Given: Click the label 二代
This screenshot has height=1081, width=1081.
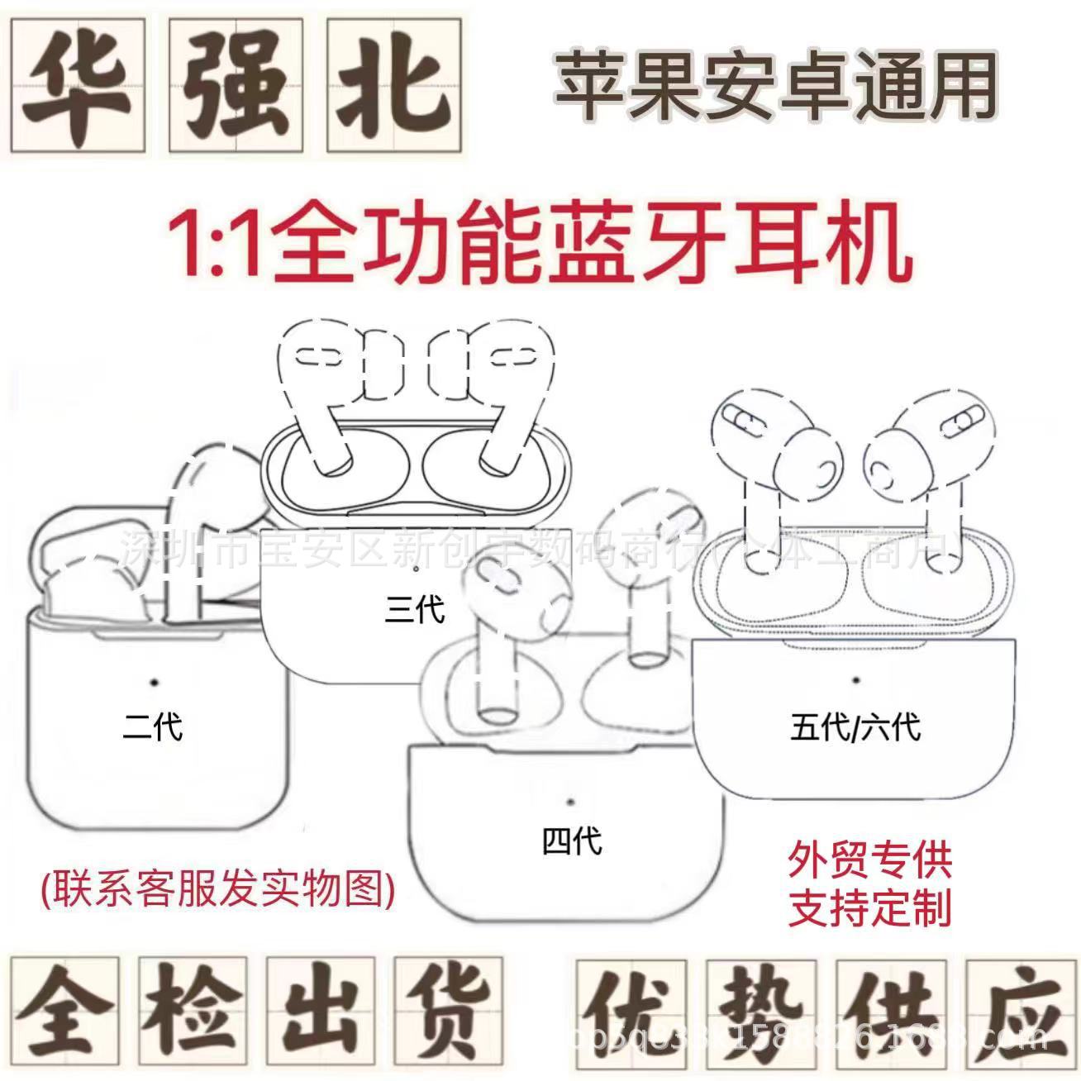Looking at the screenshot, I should tap(152, 727).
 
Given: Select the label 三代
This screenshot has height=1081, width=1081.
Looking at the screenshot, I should tap(415, 609).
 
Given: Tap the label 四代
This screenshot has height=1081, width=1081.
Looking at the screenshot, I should tap(572, 841).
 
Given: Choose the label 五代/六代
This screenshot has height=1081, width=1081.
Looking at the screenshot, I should tap(855, 727).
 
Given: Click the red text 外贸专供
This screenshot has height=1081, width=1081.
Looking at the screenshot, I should tap(870, 860).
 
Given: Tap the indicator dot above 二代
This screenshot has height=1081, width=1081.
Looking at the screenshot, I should tap(154, 682).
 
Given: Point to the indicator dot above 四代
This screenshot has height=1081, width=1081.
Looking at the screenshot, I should tap(570, 801).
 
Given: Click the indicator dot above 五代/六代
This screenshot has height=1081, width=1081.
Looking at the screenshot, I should tap(855, 680).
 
